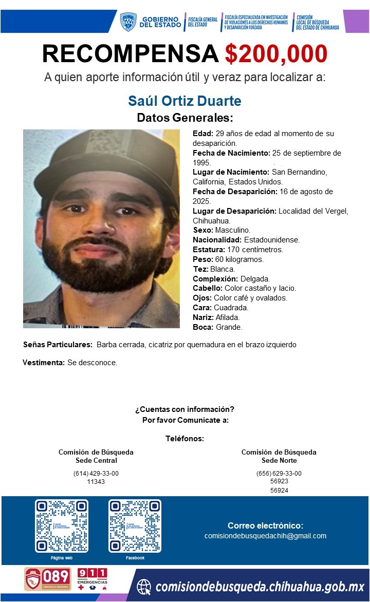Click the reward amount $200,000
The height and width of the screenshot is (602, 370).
point(276,53)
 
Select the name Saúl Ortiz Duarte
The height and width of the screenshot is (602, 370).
point(184,100)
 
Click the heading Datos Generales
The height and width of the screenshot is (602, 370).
point(185,118)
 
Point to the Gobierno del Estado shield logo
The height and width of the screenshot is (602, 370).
point(128,22)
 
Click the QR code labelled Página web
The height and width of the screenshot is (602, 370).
point(62,526)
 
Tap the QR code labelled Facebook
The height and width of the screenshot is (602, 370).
point(135,526)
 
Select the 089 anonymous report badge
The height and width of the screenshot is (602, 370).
point(48,579)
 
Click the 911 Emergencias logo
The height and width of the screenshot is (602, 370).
point(92,579)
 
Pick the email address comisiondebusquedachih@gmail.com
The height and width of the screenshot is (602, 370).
point(265,536)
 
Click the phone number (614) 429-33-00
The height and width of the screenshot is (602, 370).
point(96,474)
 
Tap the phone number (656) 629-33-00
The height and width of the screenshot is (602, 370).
point(279,474)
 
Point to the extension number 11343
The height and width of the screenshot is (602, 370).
point(96,482)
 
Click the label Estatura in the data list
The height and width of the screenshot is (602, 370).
point(209,250)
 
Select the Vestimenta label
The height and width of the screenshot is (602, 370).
point(44,363)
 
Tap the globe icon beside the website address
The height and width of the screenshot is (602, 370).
point(145,586)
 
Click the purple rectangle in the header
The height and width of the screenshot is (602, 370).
point(356,22)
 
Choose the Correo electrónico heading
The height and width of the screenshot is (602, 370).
point(265,525)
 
